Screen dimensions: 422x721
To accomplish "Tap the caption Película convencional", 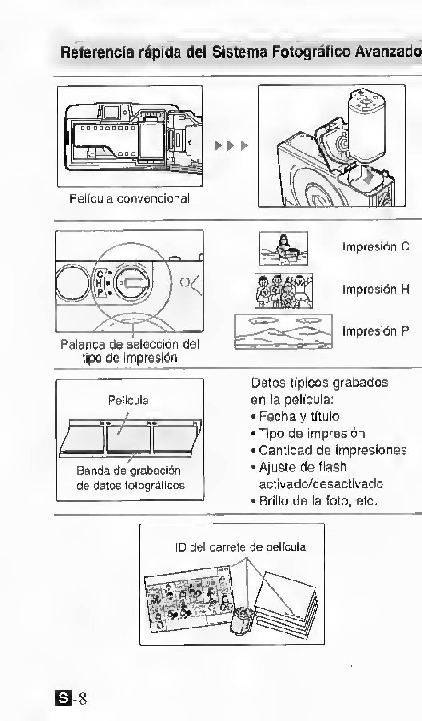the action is (x=129, y=198).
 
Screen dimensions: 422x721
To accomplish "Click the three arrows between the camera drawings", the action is (x=231, y=145).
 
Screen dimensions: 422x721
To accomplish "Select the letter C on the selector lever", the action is (x=100, y=274).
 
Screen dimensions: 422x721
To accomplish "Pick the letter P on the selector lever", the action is (x=100, y=292).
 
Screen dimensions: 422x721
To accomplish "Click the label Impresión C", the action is (x=375, y=246).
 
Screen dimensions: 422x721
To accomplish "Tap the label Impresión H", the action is (x=375, y=289).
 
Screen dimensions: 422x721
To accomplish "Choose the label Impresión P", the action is (x=375, y=331).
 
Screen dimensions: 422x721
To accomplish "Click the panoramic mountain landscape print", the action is (x=283, y=331).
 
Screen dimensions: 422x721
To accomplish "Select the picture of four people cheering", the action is (x=283, y=290).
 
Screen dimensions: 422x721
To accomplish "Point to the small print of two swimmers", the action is (x=283, y=249).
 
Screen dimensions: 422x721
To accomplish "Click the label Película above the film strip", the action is (x=128, y=400).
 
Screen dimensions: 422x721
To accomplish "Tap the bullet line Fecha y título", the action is (x=299, y=416).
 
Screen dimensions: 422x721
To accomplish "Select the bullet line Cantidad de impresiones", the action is (x=332, y=450).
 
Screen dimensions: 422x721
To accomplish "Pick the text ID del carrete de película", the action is (x=240, y=547).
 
